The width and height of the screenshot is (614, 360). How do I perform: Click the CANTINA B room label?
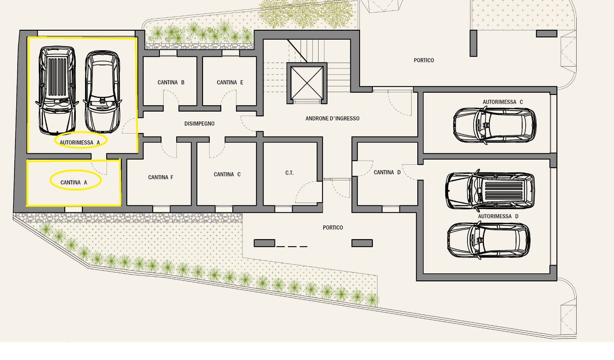[171, 82]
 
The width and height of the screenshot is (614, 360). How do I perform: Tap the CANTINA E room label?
[230, 82]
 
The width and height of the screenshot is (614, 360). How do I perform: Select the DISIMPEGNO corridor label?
[199, 124]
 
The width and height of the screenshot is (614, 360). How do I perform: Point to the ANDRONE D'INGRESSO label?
[332, 119]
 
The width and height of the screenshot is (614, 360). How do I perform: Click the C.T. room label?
[289, 173]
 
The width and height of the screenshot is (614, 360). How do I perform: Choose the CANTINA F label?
[161, 177]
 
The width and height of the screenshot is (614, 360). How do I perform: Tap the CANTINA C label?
[227, 175]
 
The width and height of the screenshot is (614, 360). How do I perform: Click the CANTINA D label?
[387, 173]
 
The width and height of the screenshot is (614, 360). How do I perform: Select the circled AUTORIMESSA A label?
[80, 143]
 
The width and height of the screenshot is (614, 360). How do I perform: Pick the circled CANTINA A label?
[74, 183]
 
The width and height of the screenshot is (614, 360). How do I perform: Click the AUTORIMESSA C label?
[503, 102]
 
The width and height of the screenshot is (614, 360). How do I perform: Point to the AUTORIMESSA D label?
[498, 216]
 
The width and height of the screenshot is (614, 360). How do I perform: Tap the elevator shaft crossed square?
[307, 83]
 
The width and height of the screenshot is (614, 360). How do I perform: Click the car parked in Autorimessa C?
[495, 125]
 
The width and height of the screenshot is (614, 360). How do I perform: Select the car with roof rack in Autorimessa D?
[490, 191]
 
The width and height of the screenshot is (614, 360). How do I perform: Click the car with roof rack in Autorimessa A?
[57, 90]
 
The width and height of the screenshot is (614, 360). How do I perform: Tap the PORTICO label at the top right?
[424, 60]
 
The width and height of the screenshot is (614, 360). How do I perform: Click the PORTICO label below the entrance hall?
[333, 228]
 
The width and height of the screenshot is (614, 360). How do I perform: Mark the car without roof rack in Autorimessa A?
[102, 92]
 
